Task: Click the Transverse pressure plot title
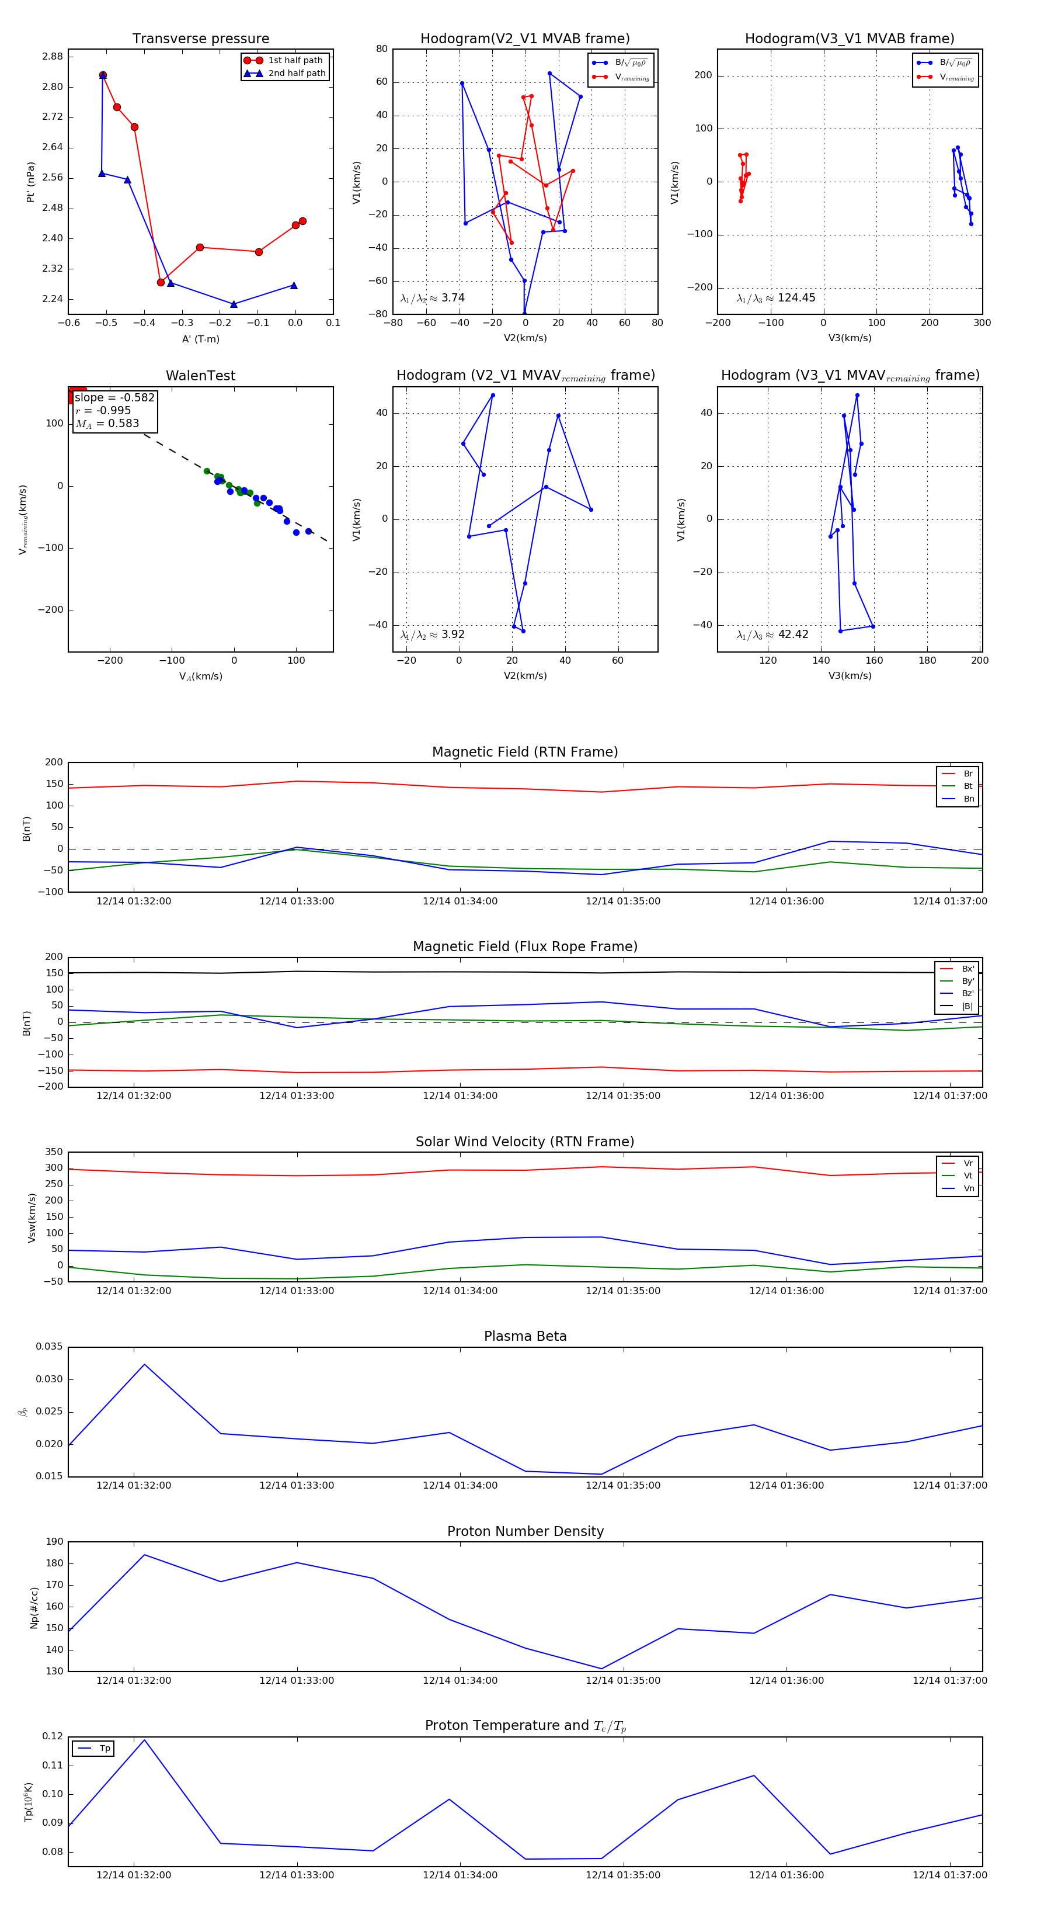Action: [200, 39]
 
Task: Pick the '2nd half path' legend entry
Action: [296, 74]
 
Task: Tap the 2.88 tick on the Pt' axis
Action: [53, 57]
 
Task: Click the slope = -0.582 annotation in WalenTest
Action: [114, 397]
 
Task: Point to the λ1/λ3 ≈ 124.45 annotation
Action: [776, 298]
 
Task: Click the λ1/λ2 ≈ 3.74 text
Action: [432, 298]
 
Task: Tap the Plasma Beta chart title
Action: [525, 1337]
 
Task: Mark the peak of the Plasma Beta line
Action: [144, 1364]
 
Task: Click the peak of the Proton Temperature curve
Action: [144, 1739]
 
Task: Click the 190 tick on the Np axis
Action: [55, 1542]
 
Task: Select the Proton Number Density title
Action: [525, 1531]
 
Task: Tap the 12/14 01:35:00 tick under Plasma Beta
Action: [622, 1486]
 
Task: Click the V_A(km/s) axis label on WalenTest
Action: [200, 677]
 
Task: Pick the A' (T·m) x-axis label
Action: [200, 339]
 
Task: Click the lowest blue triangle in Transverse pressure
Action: [234, 304]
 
